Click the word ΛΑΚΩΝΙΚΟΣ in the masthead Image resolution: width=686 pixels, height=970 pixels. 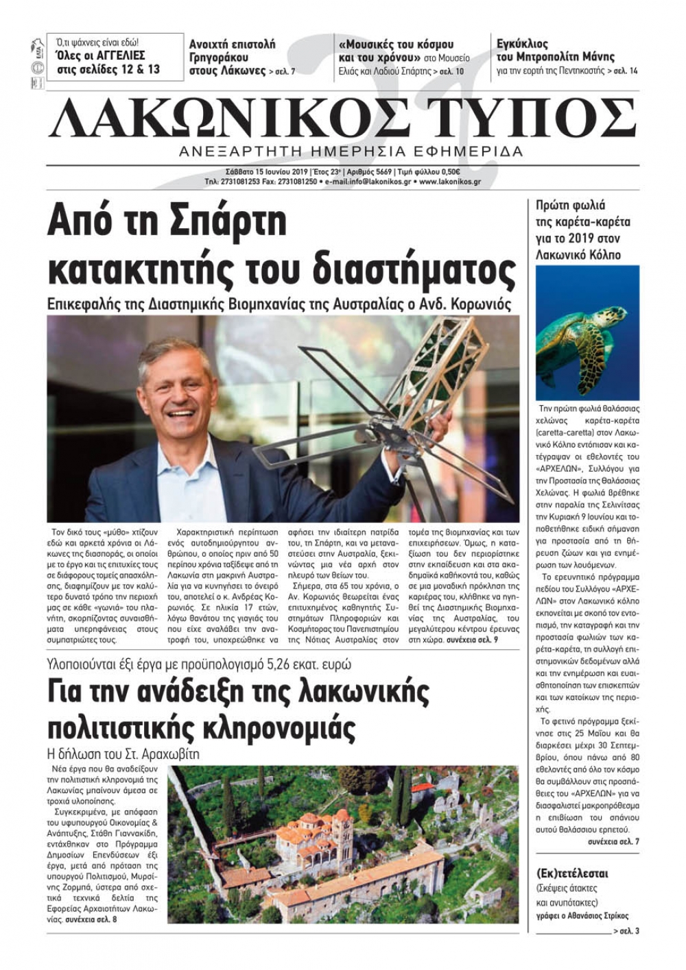point(226,118)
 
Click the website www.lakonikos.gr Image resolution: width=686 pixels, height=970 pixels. point(449,182)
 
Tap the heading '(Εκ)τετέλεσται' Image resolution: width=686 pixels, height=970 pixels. point(572,874)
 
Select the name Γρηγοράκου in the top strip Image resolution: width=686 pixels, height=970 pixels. point(219,58)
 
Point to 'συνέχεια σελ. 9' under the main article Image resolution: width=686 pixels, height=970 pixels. point(473,639)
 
